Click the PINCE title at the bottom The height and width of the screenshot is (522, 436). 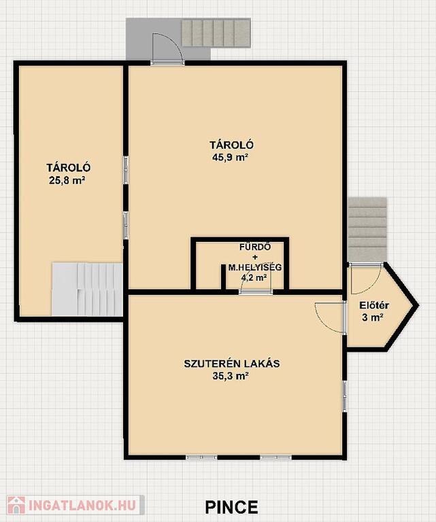click(231, 507)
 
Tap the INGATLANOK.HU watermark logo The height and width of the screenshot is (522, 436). click(76, 505)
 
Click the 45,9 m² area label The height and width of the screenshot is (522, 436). click(231, 158)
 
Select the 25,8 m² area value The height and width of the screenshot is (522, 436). click(67, 180)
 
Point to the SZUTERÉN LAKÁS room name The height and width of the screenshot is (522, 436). click(232, 363)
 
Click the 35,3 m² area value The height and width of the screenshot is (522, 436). click(231, 376)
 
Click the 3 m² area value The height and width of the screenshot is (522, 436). click(372, 317)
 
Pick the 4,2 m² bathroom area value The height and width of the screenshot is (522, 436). click(255, 277)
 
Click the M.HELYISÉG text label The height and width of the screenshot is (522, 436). click(255, 267)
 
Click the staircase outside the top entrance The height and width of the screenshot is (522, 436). click(216, 33)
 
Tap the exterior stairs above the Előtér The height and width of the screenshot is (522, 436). click(367, 229)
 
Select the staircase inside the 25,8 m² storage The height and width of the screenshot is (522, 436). click(87, 289)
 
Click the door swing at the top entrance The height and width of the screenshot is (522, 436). click(167, 48)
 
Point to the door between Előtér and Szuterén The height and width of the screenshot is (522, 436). click(330, 317)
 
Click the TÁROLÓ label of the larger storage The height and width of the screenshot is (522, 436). click(231, 145)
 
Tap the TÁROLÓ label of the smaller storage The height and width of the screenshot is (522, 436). click(68, 167)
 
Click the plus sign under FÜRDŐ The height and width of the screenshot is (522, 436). click(255, 258)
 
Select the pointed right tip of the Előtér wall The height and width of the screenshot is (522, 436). click(418, 305)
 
